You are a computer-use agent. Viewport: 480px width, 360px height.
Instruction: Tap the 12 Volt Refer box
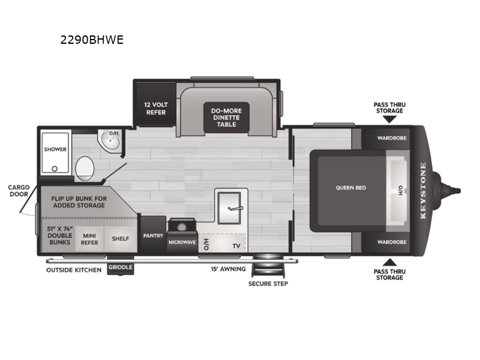click(156, 108)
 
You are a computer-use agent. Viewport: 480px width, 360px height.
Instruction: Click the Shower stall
click(55, 154)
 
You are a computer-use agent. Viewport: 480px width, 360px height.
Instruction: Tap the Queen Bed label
click(350, 188)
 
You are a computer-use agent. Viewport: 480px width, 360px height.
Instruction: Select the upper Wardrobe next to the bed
click(391, 137)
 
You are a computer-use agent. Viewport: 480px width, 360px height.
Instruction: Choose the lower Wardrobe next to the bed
click(391, 242)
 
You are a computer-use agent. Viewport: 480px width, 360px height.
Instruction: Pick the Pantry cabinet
click(153, 236)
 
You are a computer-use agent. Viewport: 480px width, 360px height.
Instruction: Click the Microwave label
click(182, 242)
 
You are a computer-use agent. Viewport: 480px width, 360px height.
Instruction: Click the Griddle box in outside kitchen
click(121, 269)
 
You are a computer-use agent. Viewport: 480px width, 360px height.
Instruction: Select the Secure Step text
click(268, 283)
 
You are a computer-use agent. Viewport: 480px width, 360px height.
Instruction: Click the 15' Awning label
click(223, 270)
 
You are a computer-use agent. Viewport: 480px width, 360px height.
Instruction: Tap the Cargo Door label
click(19, 191)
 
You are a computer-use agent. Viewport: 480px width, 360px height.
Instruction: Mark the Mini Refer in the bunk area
click(90, 238)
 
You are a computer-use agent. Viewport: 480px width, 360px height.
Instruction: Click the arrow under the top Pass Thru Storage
click(389, 119)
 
